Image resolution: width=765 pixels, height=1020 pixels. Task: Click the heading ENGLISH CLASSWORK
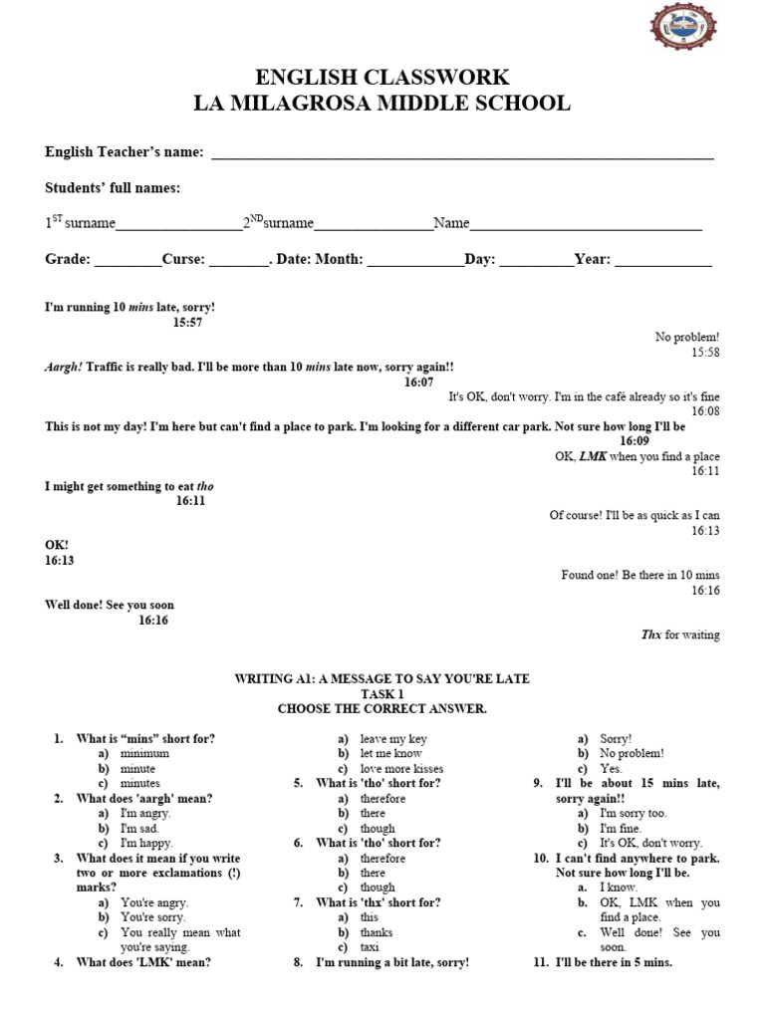point(382,77)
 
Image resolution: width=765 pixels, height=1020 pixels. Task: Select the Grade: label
point(69,259)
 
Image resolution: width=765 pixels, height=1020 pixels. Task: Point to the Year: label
point(593,259)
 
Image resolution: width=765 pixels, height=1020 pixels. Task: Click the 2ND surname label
point(279,223)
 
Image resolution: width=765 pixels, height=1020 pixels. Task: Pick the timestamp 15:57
point(187,323)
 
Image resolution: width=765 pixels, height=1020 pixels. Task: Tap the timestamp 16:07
point(418,382)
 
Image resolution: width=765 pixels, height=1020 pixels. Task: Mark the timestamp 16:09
point(635,441)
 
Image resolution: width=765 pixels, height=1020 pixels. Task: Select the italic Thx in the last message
point(651,635)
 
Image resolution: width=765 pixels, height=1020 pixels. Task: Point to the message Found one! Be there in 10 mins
point(639,576)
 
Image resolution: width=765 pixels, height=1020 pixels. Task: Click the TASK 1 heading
point(382,694)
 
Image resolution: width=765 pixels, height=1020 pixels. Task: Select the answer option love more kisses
point(401,769)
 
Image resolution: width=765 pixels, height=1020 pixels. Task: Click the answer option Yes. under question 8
point(611,769)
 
